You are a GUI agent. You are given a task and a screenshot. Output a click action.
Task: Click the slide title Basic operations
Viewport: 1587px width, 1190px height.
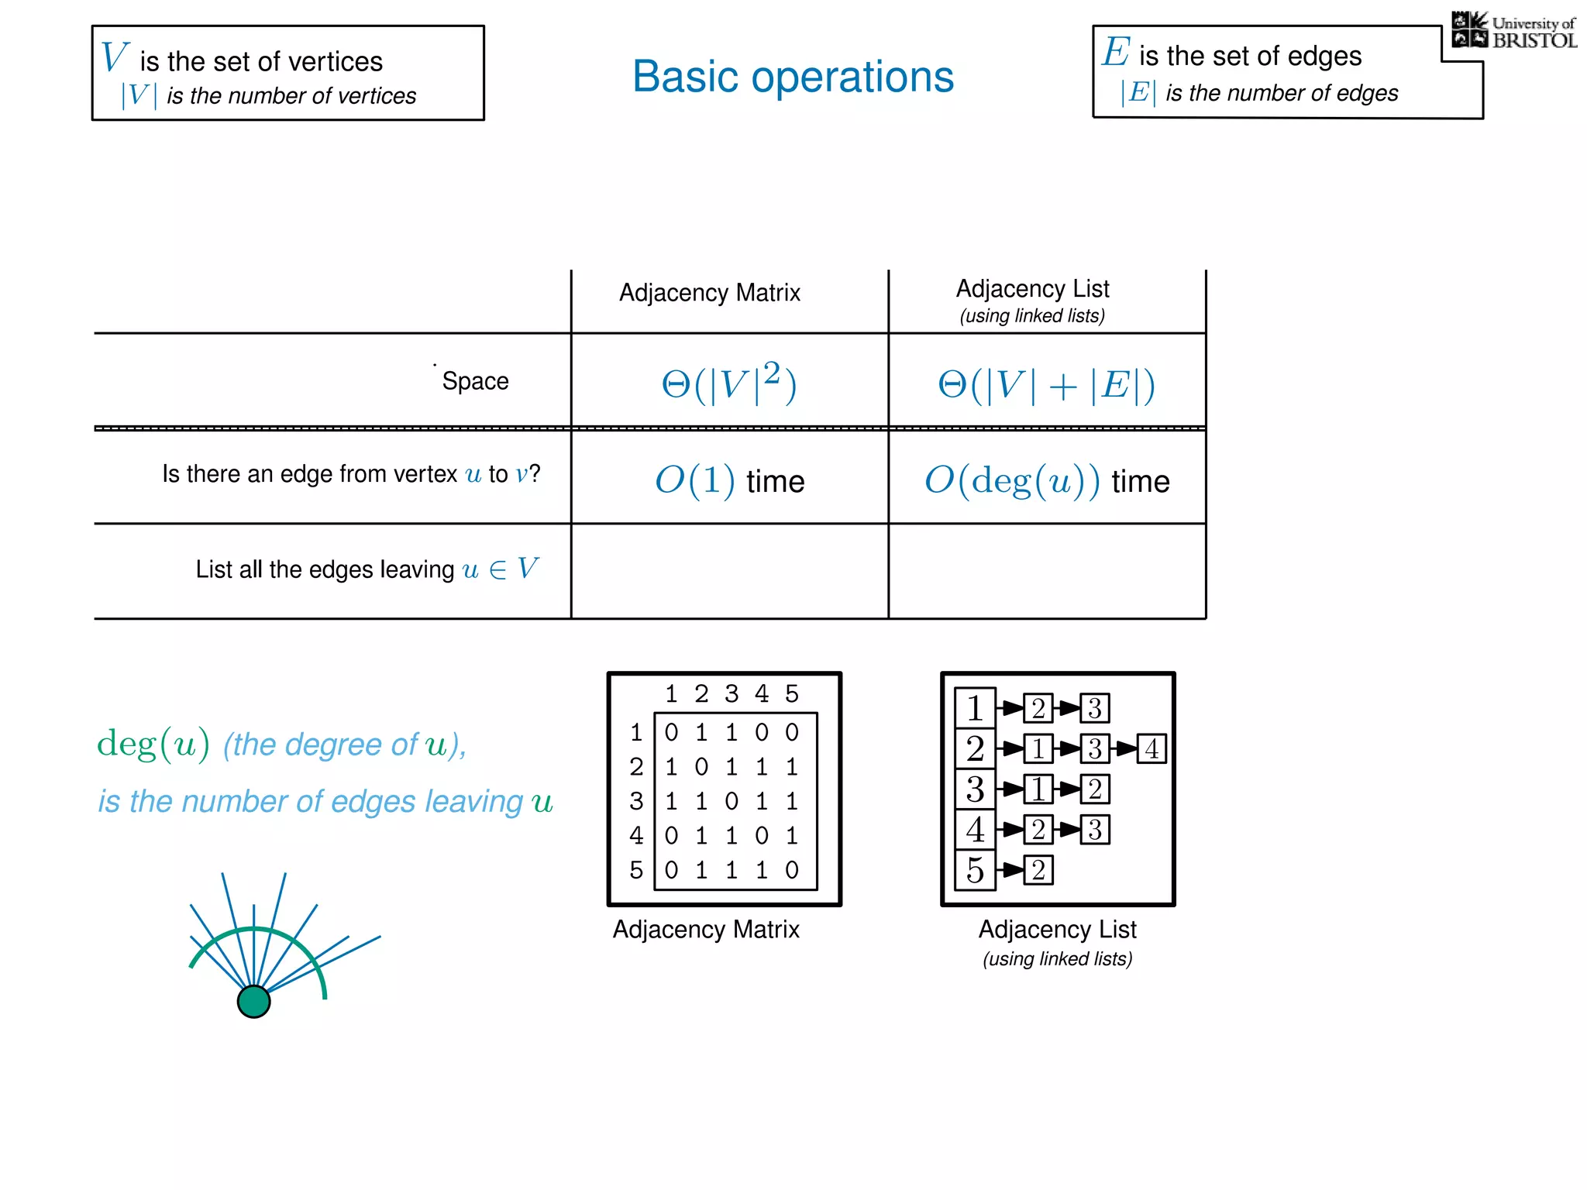click(793, 77)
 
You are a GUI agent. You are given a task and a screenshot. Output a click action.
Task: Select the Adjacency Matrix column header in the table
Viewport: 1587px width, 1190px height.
click(709, 293)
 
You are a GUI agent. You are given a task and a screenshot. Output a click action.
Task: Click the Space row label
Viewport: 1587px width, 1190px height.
click(475, 381)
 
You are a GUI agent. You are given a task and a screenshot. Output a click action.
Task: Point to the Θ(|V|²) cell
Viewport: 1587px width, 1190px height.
click(728, 383)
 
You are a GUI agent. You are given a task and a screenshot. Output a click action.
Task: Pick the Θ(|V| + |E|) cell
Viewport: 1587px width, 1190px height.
click(1046, 384)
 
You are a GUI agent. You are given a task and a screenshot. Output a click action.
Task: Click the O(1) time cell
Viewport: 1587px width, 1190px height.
click(729, 480)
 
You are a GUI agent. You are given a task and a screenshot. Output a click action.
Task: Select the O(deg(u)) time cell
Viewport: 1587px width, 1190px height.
click(1046, 480)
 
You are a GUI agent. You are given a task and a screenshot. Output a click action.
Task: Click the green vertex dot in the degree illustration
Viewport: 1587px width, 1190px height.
click(253, 1001)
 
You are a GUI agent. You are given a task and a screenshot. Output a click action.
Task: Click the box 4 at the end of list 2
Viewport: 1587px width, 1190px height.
click(1152, 748)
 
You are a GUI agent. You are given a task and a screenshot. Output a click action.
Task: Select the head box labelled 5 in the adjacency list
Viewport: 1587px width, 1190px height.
click(975, 870)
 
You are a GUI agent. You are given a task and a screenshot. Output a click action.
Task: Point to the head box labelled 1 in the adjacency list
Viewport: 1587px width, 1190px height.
click(975, 707)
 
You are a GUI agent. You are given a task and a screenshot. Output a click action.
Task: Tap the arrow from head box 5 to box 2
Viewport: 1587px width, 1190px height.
click(1010, 870)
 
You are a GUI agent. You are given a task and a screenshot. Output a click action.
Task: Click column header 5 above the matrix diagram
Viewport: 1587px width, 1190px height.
click(791, 693)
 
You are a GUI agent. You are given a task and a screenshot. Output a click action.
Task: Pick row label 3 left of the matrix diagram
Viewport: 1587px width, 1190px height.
click(636, 801)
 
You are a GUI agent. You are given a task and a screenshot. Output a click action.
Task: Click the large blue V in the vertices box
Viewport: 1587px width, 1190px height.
click(114, 57)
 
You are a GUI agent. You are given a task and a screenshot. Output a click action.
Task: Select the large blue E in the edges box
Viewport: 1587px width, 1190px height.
click(1116, 52)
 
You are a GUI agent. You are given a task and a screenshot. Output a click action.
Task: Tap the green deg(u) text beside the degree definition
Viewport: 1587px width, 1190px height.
click(153, 744)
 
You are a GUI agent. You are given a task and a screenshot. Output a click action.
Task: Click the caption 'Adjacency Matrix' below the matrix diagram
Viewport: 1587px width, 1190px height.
click(706, 929)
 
